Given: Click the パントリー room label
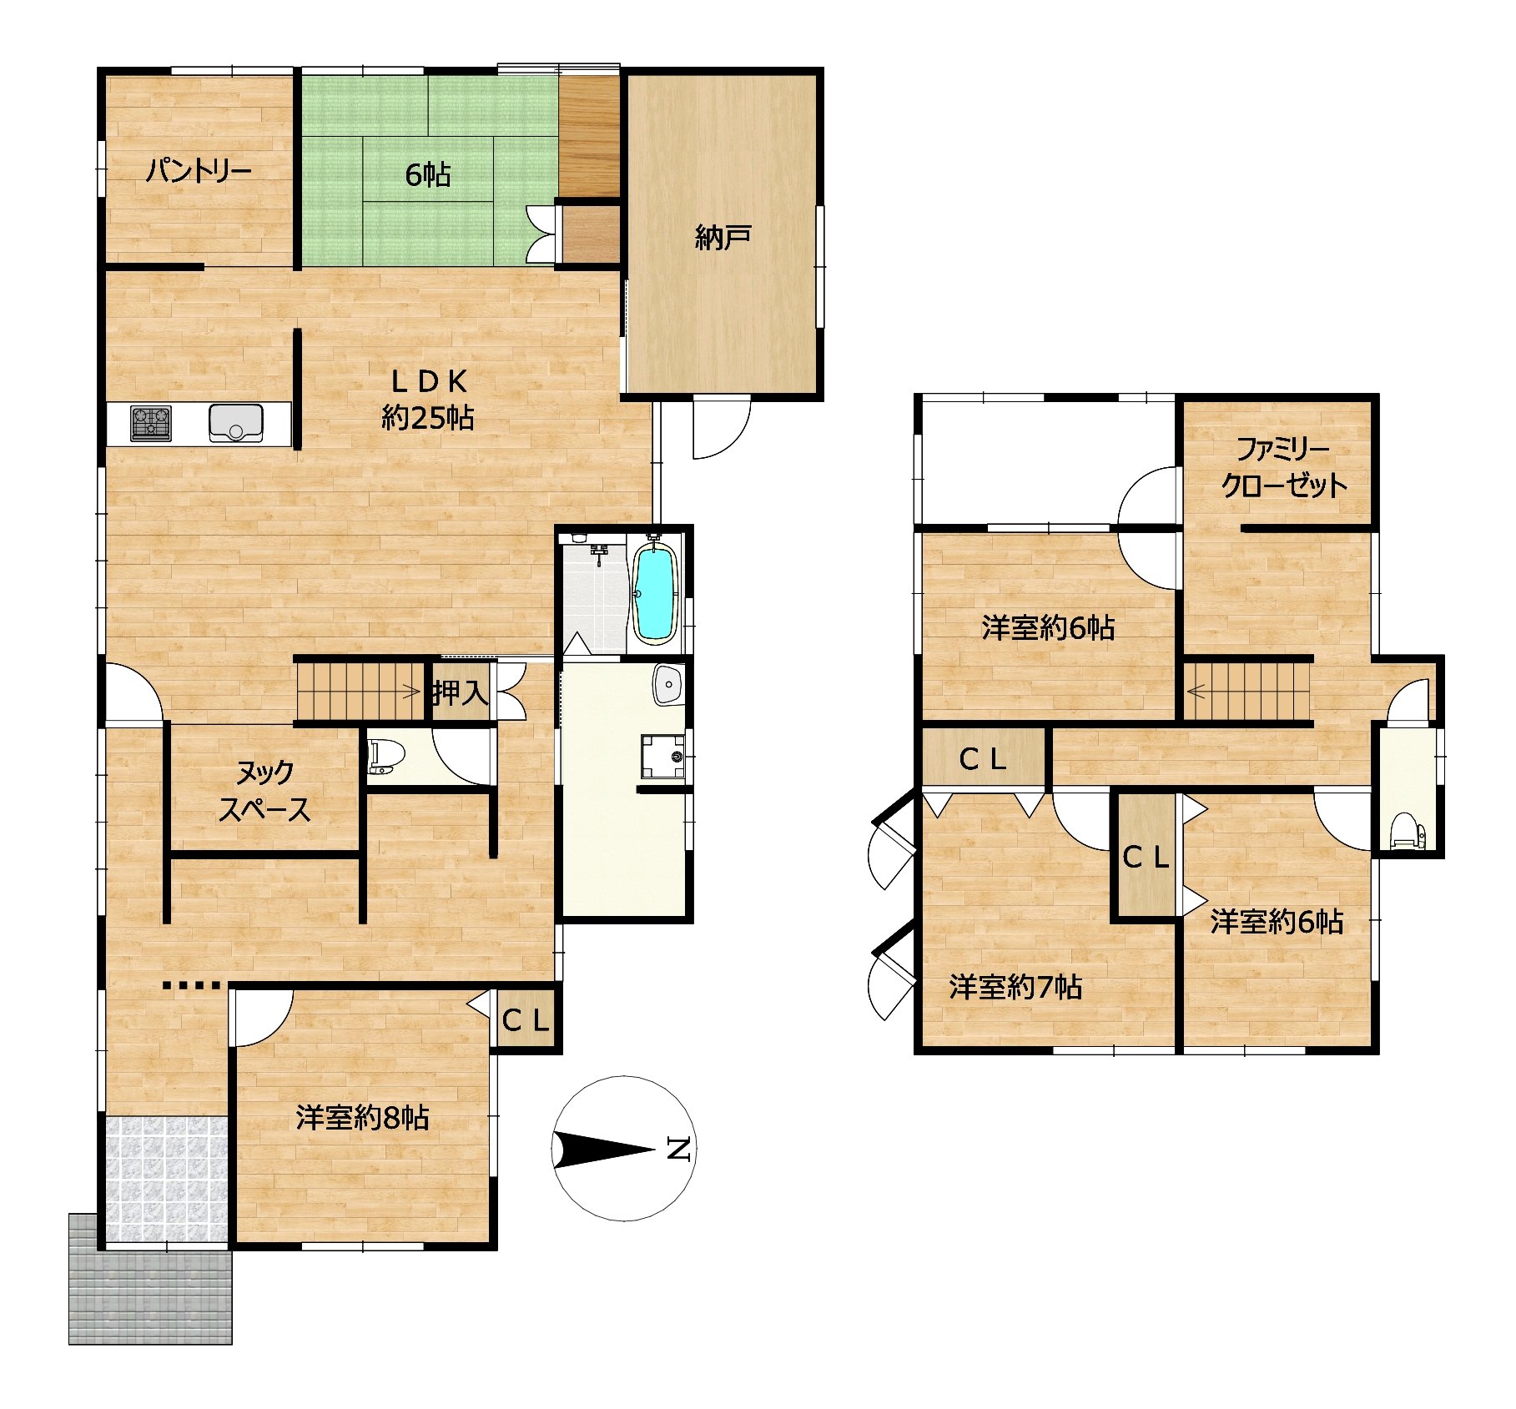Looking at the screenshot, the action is pyautogui.click(x=199, y=172).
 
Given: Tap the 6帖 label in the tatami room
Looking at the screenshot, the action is pyautogui.click(x=428, y=174).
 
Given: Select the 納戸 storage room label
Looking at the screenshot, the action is pyautogui.click(x=723, y=239).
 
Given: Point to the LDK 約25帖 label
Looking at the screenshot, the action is pyautogui.click(x=428, y=399).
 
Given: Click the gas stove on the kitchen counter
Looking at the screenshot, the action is pyautogui.click(x=151, y=423).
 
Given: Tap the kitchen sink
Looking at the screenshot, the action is pyautogui.click(x=236, y=422).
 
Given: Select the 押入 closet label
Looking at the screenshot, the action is pyautogui.click(x=461, y=692).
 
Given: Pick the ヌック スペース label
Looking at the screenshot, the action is pyautogui.click(x=264, y=791).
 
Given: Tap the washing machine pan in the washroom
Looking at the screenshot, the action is pyautogui.click(x=662, y=756).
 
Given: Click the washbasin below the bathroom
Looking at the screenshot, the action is pyautogui.click(x=669, y=685).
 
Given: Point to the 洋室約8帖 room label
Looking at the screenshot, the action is pyautogui.click(x=362, y=1117).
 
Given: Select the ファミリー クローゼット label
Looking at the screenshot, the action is pyautogui.click(x=1284, y=468).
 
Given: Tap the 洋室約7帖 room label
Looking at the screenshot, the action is pyautogui.click(x=1015, y=988).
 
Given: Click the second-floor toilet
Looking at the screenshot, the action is pyautogui.click(x=1409, y=831).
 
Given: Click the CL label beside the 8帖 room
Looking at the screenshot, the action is pyautogui.click(x=526, y=1019).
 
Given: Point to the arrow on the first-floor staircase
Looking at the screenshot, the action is pyautogui.click(x=411, y=690).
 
